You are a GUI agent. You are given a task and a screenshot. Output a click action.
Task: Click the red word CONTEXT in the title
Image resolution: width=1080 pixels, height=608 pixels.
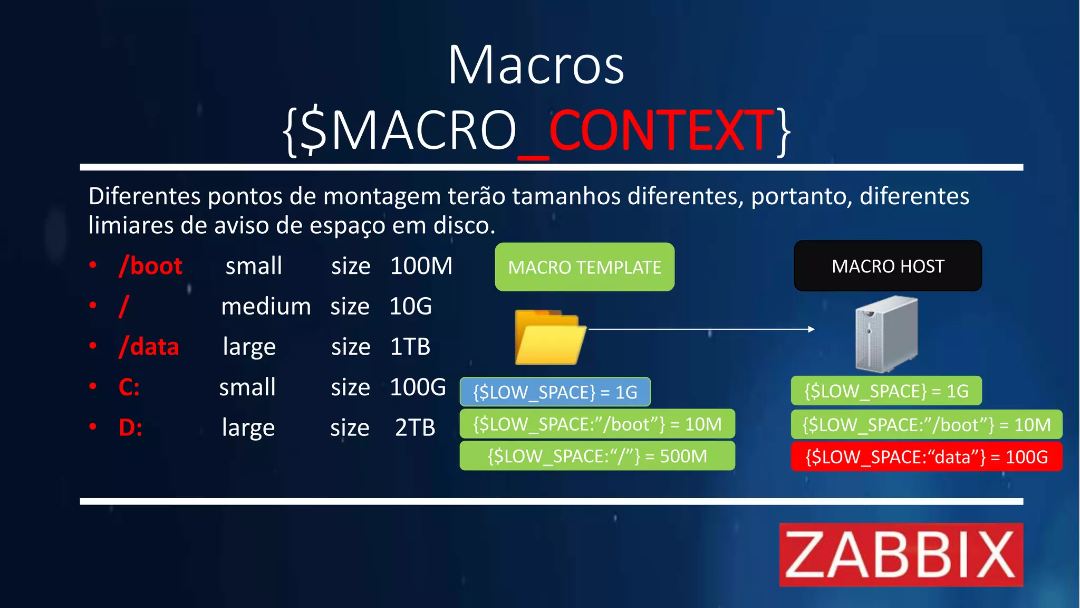pos(662,130)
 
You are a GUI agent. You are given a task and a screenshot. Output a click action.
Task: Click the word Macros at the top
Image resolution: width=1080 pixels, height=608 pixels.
pos(536,65)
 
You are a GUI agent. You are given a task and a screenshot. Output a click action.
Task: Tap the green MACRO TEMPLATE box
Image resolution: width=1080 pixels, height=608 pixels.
pos(584,267)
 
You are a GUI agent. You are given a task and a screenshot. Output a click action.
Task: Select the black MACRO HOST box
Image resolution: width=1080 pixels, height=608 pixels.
pos(888,266)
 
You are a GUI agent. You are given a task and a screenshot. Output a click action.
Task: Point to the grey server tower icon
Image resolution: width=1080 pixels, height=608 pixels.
pos(886,334)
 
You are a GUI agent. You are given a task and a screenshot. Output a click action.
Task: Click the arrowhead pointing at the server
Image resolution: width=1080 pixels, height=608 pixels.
pos(812,329)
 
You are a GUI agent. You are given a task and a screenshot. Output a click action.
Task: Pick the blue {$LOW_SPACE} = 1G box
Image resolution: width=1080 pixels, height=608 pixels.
pos(555,392)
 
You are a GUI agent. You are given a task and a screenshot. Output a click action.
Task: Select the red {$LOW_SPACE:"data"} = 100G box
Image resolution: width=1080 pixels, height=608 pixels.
pos(926,457)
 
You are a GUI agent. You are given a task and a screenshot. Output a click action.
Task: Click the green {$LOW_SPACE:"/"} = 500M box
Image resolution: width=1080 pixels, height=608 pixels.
pos(597,455)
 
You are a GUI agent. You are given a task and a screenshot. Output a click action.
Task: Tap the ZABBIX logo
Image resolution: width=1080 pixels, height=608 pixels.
pos(901,555)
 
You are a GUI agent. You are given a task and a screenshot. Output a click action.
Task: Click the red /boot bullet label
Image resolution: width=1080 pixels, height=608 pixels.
pos(151,265)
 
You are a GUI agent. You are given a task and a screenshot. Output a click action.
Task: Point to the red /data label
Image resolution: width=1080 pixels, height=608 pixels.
pos(149,347)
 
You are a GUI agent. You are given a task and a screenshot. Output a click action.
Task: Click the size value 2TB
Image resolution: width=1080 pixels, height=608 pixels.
pos(415,427)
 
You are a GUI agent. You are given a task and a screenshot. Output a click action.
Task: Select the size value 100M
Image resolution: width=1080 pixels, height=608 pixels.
pos(421,265)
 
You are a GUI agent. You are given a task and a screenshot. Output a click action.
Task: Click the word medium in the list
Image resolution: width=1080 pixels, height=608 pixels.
pos(266,307)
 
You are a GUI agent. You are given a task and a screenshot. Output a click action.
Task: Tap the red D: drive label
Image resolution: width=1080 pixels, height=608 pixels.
pos(130,427)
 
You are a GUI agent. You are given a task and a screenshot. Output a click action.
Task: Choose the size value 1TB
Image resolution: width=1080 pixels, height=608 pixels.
pos(410,347)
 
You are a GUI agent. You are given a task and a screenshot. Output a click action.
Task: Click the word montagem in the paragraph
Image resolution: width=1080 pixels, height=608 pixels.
pos(381,196)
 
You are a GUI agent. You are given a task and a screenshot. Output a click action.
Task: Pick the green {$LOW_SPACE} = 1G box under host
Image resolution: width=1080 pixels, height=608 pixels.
pos(886,391)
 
